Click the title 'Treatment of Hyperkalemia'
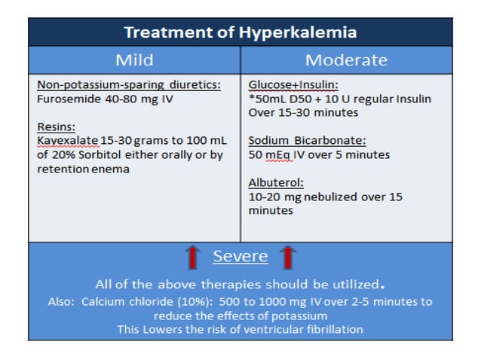click(240, 33)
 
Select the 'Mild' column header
click(134, 60)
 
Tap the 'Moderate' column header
click(346, 60)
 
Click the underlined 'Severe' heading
click(240, 256)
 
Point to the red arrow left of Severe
click(192, 257)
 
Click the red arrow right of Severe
click(287, 257)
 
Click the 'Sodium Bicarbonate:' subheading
click(296, 141)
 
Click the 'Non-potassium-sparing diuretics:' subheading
click(128, 85)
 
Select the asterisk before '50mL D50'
click(251, 99)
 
